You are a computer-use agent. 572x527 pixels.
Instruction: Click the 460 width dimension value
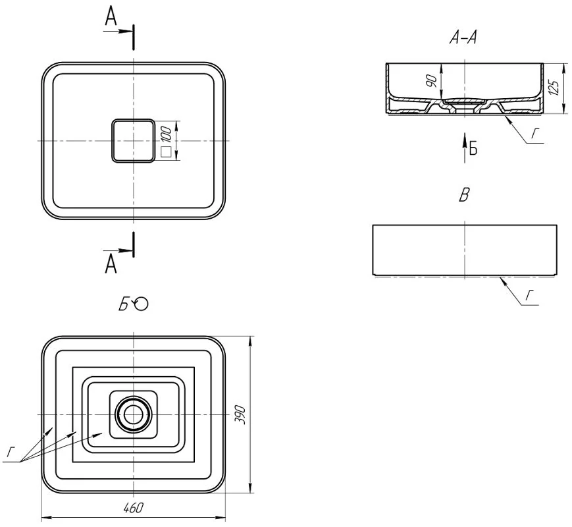[134, 508]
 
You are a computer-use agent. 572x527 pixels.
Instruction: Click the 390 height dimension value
[240, 414]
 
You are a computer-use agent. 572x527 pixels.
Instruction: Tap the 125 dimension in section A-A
[554, 88]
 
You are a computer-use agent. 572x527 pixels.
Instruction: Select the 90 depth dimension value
[432, 81]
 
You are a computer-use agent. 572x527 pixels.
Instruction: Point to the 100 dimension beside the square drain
[166, 134]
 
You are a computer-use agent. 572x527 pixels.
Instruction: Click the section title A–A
[463, 38]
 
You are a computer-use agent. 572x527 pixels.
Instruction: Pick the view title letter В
[463, 194]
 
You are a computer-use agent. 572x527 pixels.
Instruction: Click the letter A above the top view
[111, 16]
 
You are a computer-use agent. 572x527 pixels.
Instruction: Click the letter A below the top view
[111, 263]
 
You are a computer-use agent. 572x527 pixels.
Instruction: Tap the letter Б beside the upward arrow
[473, 148]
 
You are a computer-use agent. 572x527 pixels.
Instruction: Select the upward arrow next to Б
[465, 148]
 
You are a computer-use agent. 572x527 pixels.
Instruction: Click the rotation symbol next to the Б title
[141, 304]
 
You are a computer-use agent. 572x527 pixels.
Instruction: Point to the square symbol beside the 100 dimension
[166, 152]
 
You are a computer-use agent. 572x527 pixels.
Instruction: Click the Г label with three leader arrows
[11, 453]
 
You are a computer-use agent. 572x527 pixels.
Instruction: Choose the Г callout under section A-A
[534, 134]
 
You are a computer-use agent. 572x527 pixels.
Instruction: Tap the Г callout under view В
[529, 296]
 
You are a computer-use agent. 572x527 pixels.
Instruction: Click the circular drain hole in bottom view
[134, 414]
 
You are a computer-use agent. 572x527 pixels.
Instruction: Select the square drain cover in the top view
[133, 140]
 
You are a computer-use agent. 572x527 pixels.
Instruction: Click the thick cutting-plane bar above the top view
[134, 37]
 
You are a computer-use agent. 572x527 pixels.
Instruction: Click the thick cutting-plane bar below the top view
[134, 244]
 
